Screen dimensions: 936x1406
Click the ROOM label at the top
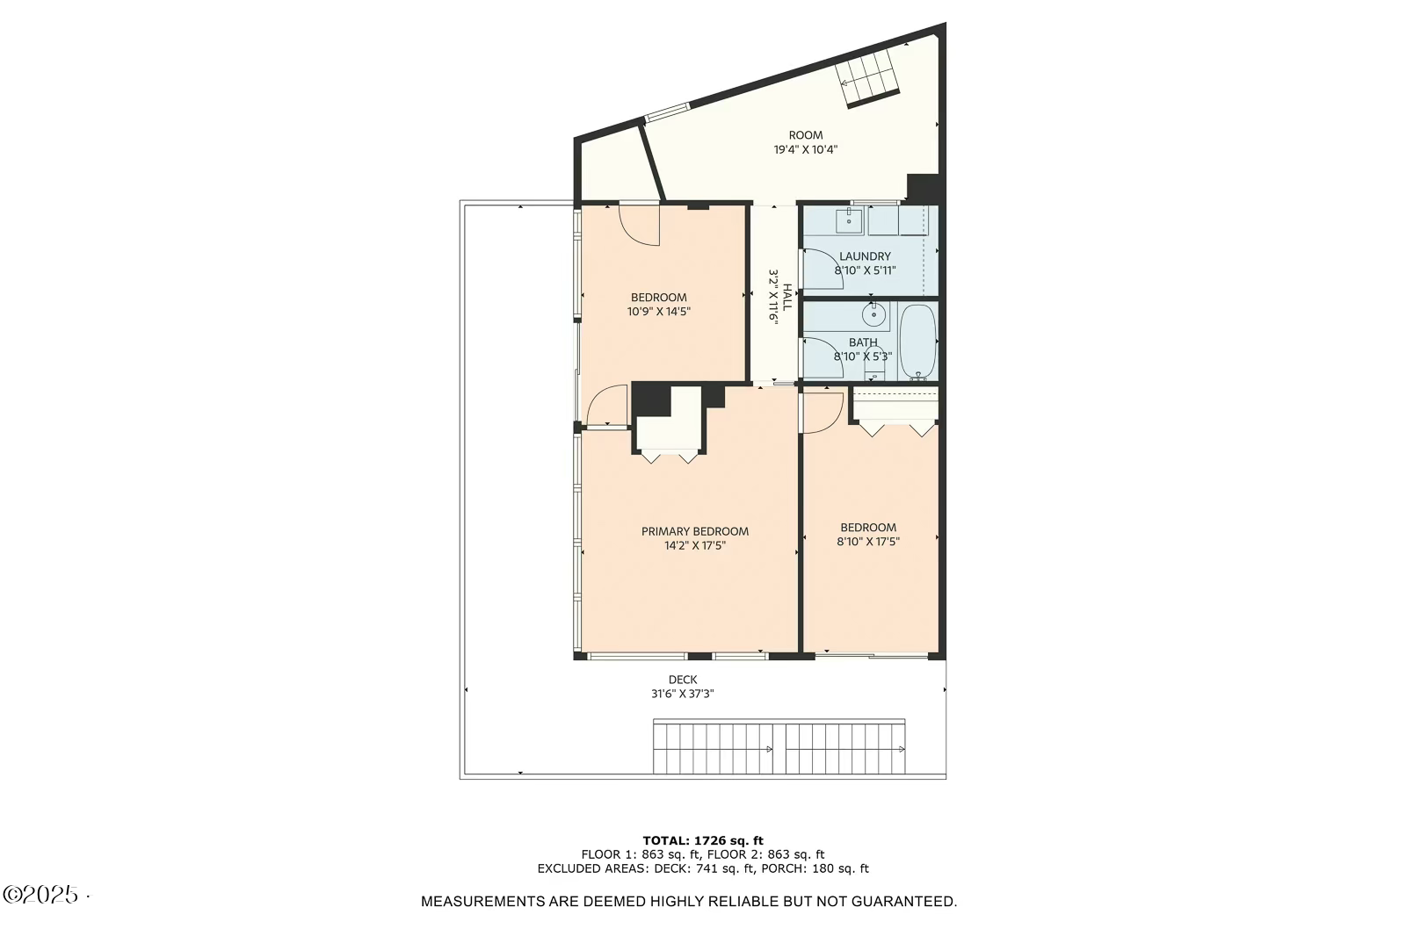pyautogui.click(x=805, y=135)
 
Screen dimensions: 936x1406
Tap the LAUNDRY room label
pyautogui.click(x=865, y=256)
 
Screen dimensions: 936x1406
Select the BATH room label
pyautogui.click(x=862, y=342)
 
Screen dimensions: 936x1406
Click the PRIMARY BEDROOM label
pyautogui.click(x=694, y=531)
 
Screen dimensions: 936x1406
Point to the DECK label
pyautogui.click(x=682, y=680)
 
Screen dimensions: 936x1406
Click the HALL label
pyautogui.click(x=787, y=297)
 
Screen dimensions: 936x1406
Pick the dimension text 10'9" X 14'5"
pyautogui.click(x=658, y=312)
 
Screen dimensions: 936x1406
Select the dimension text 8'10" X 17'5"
pyautogui.click(x=867, y=542)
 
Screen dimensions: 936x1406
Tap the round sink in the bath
pyautogui.click(x=873, y=314)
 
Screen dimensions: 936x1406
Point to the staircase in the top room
pyautogui.click(x=871, y=78)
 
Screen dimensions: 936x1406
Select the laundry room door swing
pyautogui.click(x=821, y=269)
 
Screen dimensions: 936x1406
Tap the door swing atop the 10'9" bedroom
pyautogui.click(x=640, y=224)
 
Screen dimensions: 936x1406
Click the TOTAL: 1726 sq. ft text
pyautogui.click(x=702, y=840)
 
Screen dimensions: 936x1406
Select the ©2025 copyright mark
pyautogui.click(x=41, y=895)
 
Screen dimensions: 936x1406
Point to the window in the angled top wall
pyautogui.click(x=668, y=112)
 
